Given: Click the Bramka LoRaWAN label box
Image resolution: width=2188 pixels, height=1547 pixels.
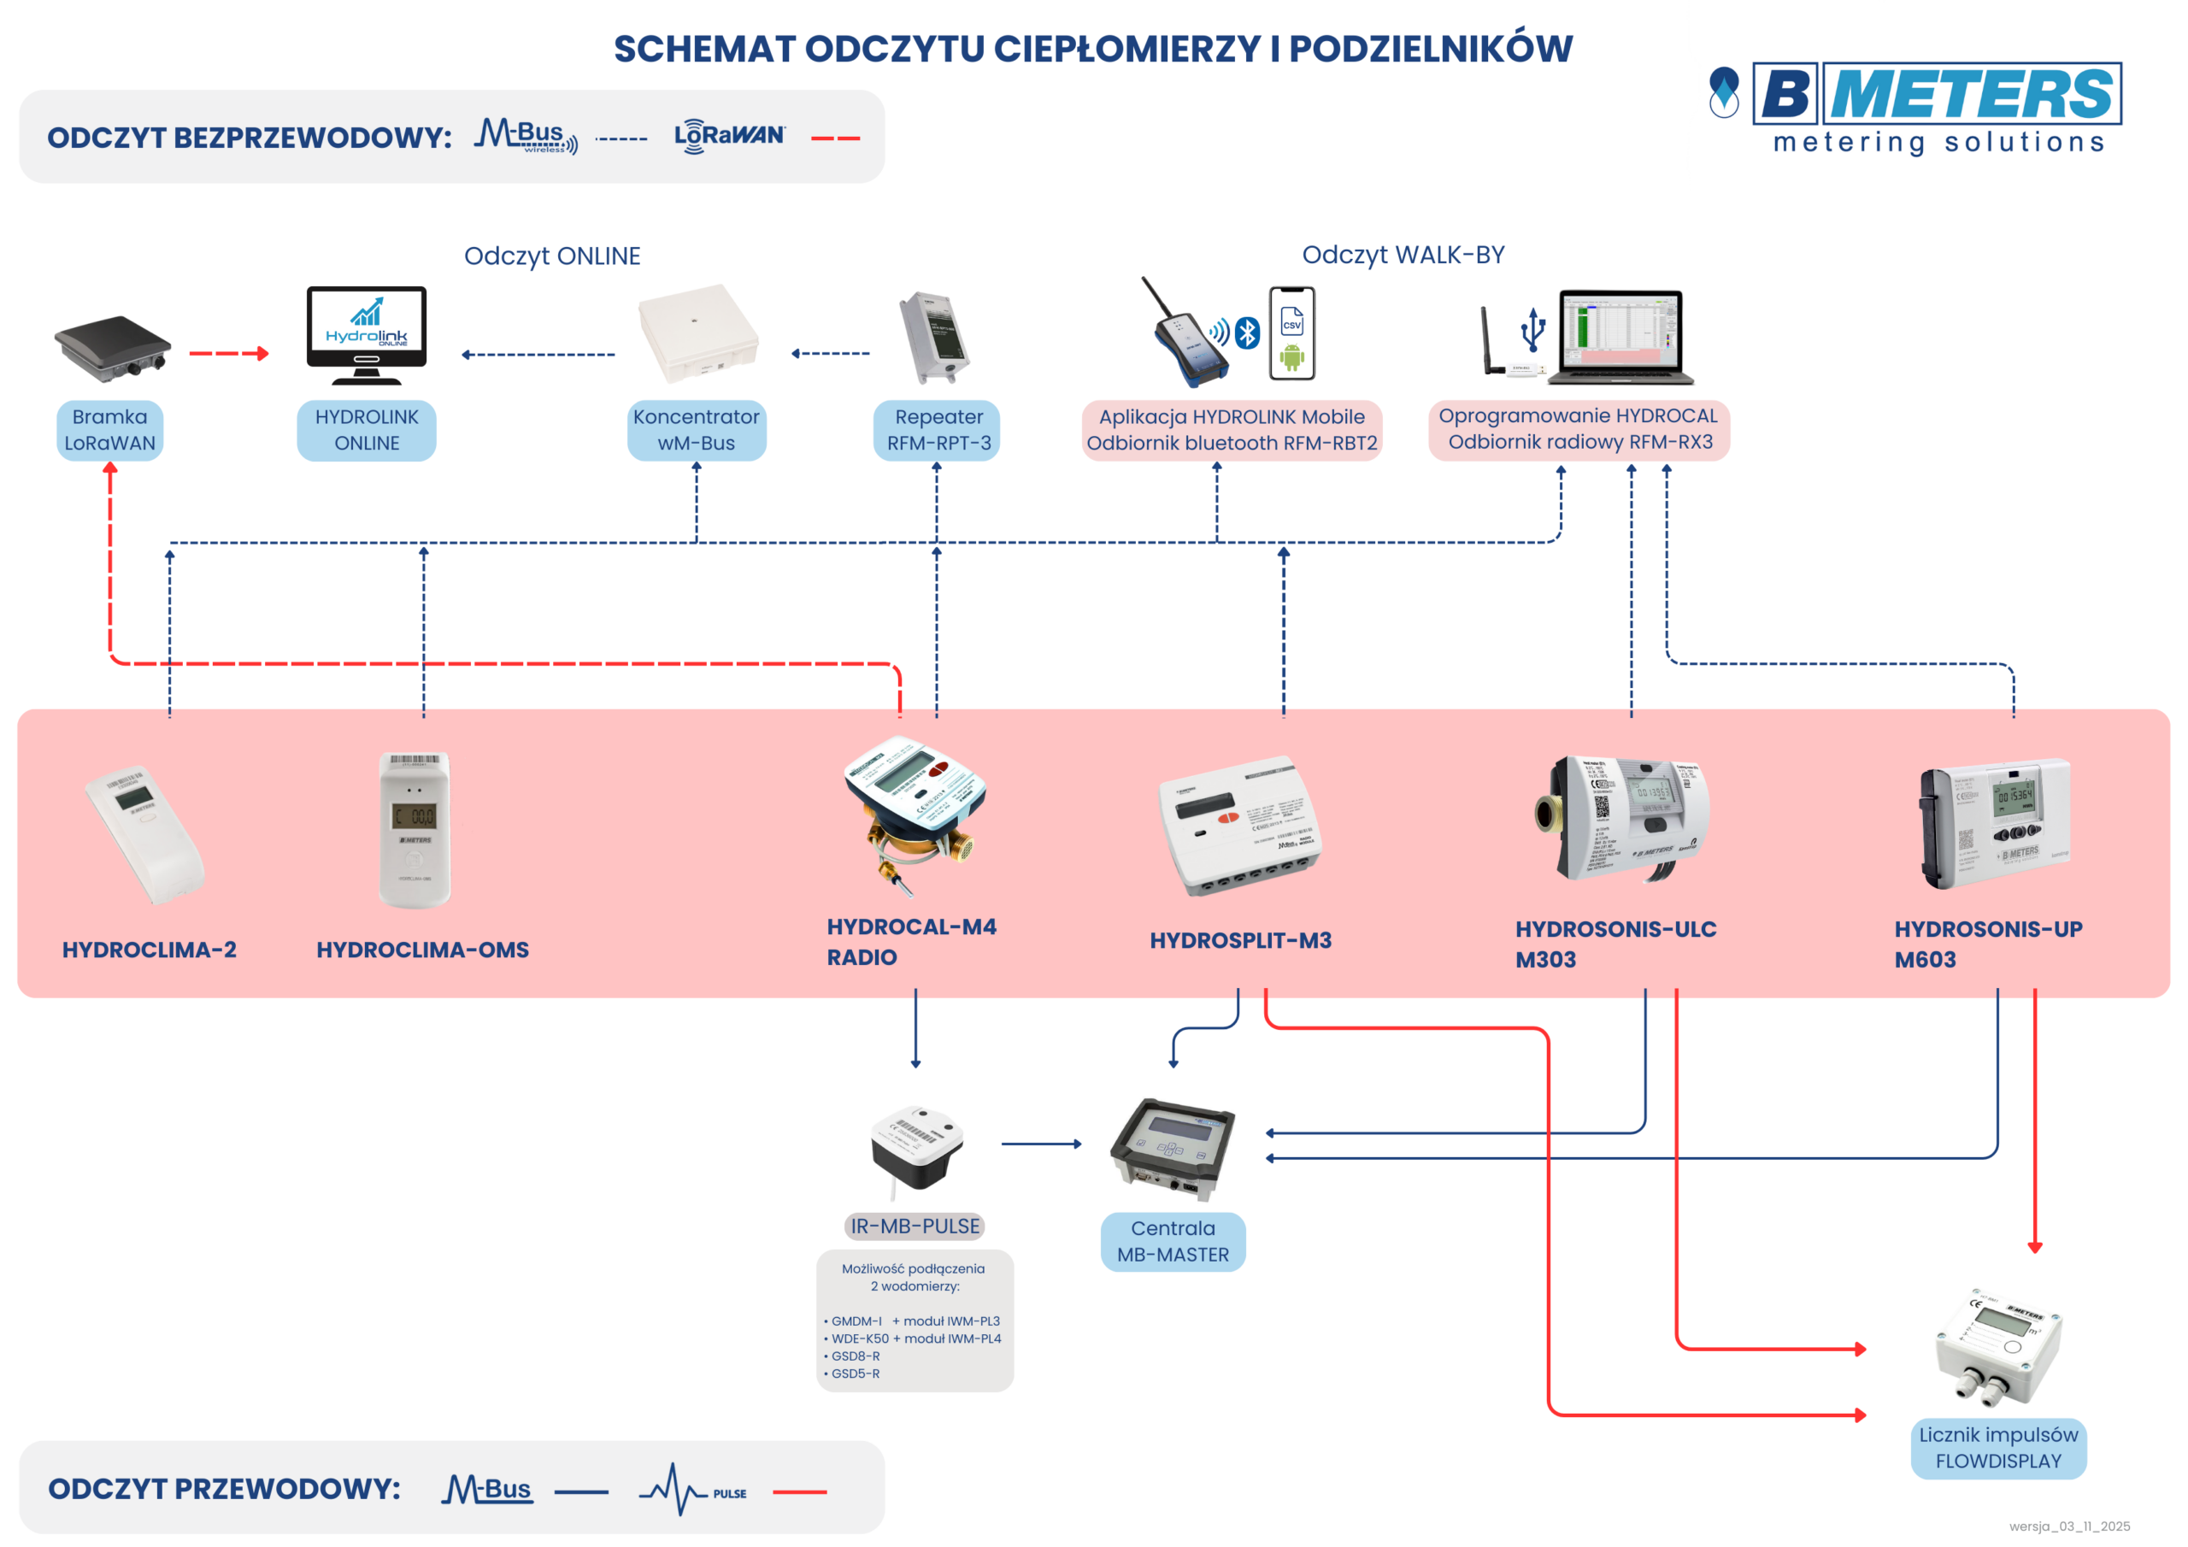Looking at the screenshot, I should coord(109,430).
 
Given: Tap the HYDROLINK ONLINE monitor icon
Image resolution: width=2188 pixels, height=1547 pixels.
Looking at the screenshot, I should coord(367,334).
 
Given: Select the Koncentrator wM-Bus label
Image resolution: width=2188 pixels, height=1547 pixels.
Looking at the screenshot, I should coord(697,430).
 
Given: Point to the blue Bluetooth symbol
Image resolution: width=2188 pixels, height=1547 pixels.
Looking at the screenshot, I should coord(1248,332).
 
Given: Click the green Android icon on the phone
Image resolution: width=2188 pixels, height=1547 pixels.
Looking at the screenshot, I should coord(1292,358).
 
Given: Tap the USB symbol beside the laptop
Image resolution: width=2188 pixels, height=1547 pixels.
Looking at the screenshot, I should coord(1533,330).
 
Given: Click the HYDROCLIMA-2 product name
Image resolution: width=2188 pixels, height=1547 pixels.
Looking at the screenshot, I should coord(150,950).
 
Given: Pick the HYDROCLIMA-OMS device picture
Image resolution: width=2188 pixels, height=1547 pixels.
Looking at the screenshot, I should coord(415,829).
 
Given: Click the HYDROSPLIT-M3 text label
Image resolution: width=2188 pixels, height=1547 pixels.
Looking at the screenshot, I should coord(1241,940).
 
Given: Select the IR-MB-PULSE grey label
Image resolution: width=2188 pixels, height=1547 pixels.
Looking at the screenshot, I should coord(915,1226).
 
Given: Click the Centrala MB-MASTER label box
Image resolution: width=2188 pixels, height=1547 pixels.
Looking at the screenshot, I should coord(1173,1241).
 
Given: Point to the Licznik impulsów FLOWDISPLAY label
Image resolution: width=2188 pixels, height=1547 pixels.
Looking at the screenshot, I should coord(1998,1448).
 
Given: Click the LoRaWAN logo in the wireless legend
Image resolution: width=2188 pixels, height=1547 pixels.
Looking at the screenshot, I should coord(730,135).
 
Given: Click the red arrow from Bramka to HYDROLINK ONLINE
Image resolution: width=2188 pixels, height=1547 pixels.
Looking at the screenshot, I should coord(229,354).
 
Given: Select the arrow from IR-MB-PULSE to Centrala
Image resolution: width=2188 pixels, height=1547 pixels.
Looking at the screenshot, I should coord(1041,1144).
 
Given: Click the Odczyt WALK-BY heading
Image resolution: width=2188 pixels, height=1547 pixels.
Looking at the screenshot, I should coord(1403,255).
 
